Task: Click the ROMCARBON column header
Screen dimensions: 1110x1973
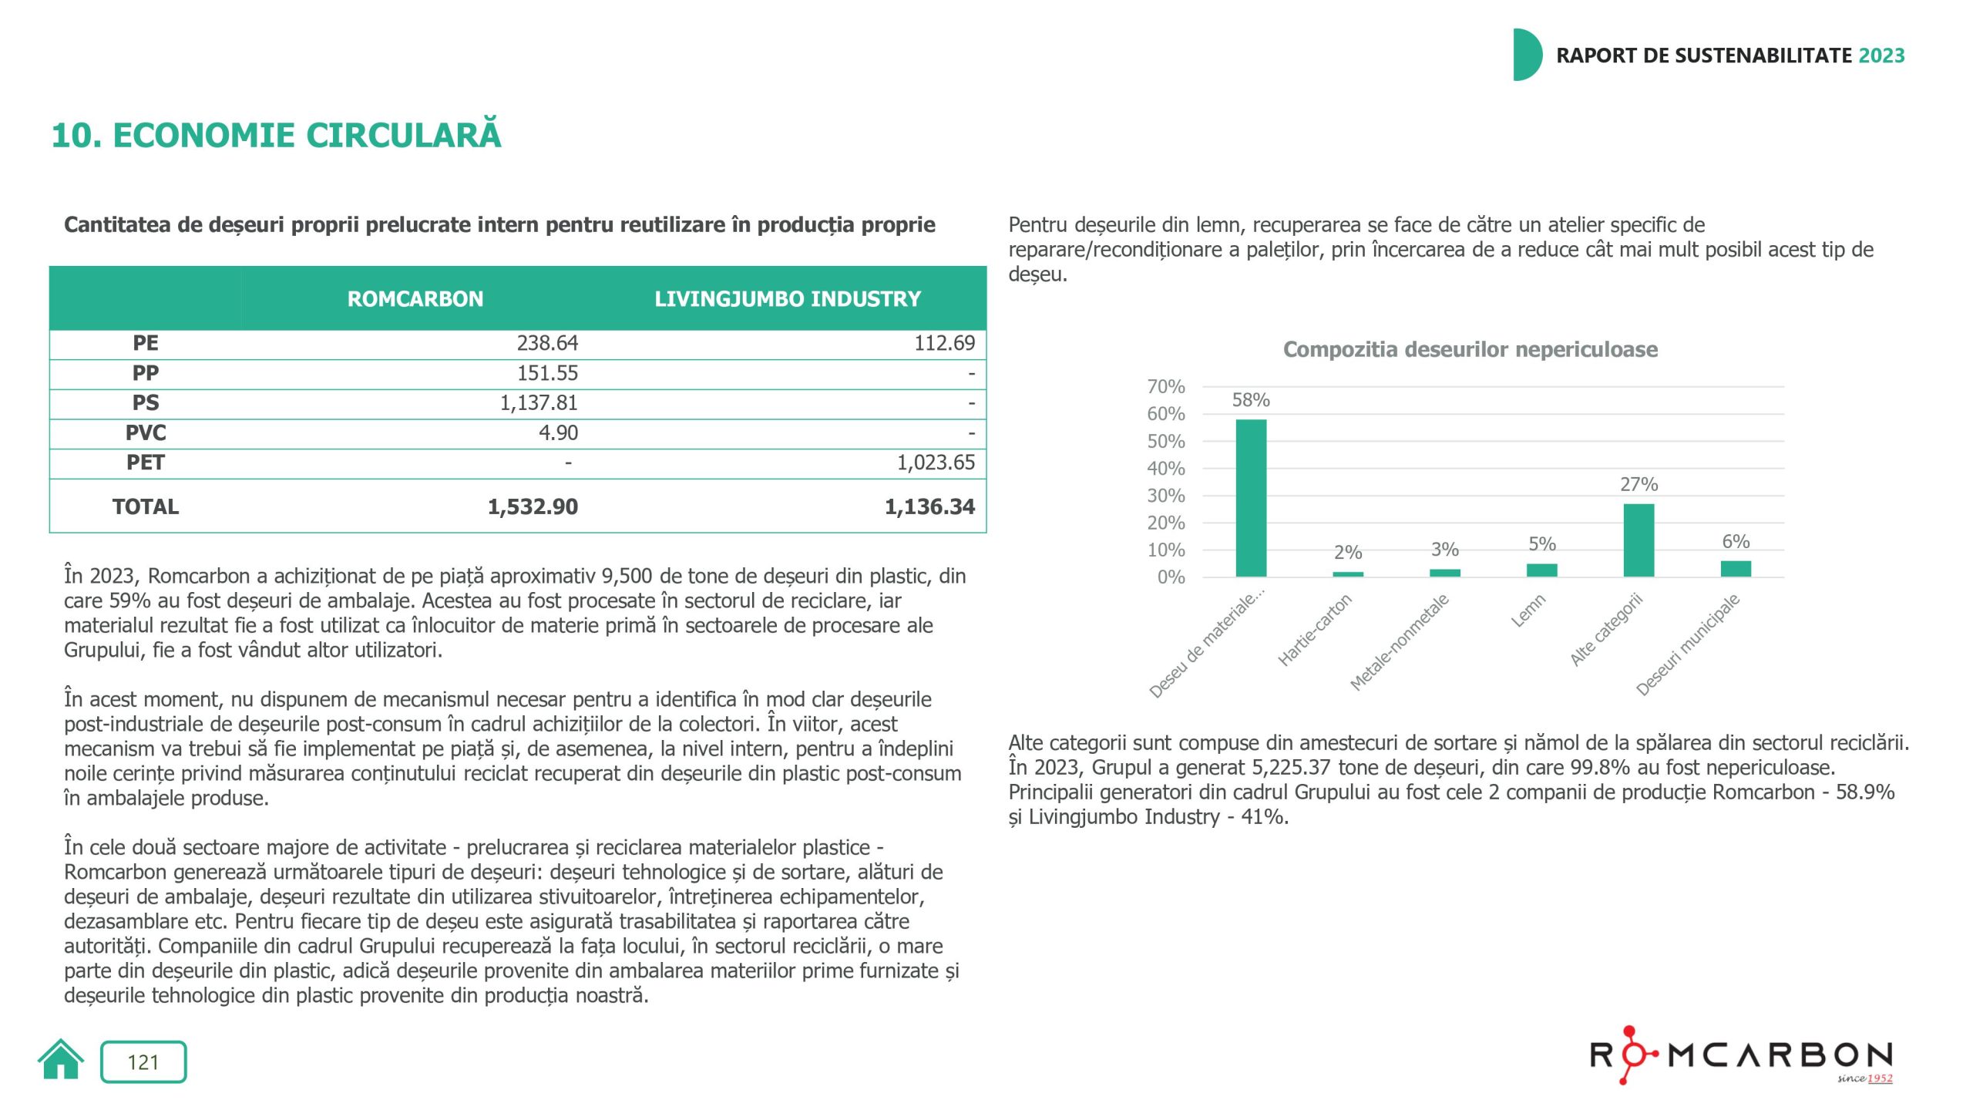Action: pos(415,299)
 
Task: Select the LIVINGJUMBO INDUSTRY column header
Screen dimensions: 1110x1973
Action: pos(787,299)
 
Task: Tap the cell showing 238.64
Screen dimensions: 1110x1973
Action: pos(547,343)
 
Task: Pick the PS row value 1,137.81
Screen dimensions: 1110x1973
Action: pos(539,403)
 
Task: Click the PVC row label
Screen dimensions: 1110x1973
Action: pos(146,433)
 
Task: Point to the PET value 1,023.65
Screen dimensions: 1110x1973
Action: pos(936,462)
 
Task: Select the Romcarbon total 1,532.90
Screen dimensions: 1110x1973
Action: pos(533,506)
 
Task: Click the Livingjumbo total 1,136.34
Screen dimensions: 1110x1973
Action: pos(929,506)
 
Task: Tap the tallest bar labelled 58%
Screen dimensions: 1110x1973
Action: pos(1251,498)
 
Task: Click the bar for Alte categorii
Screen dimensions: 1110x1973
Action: pos(1639,540)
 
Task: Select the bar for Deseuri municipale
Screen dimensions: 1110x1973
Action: pos(1736,569)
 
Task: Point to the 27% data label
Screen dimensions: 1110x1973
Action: pos(1639,485)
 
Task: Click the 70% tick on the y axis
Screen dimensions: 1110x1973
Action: pos(1166,387)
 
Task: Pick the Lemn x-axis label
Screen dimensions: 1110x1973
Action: pos(1528,610)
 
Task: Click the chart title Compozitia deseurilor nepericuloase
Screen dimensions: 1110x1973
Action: pos(1470,350)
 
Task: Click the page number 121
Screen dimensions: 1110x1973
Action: pos(143,1062)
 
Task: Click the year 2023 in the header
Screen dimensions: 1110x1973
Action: pos(1881,55)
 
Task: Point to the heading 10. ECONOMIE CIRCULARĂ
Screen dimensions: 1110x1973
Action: pos(276,136)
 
